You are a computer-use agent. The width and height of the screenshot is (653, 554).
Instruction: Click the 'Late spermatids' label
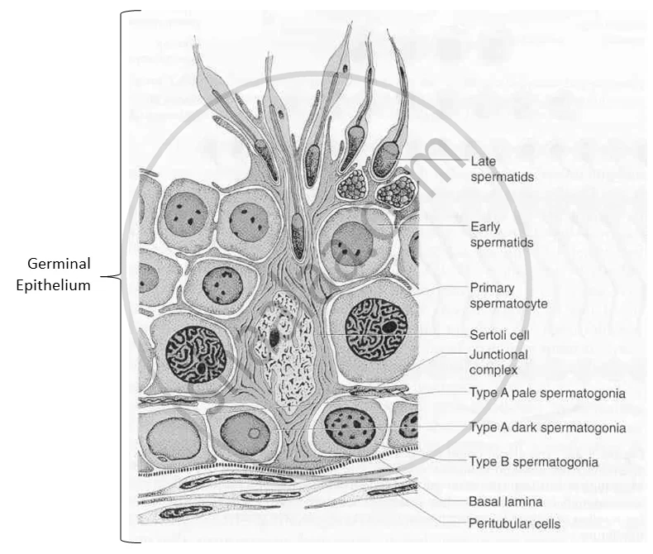(x=502, y=169)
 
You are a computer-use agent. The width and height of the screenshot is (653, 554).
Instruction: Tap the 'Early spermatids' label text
(x=502, y=234)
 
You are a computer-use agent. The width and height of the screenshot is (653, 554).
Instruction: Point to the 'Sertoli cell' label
(x=499, y=335)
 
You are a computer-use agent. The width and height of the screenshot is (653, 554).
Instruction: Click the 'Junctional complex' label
(x=498, y=362)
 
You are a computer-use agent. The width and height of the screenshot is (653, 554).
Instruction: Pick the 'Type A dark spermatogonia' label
(x=547, y=427)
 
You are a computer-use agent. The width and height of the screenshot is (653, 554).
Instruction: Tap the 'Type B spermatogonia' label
(x=533, y=461)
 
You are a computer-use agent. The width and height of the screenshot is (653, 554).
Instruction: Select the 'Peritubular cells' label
(x=514, y=523)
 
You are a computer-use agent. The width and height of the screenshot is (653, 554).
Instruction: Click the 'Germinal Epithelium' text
(x=58, y=274)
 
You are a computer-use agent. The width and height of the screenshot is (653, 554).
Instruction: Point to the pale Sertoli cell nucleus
(x=278, y=351)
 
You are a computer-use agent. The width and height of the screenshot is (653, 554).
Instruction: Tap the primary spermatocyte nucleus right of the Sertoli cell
(x=376, y=328)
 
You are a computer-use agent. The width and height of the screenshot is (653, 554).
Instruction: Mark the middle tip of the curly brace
(x=114, y=279)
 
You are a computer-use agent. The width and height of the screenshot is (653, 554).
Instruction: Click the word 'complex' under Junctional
(x=493, y=370)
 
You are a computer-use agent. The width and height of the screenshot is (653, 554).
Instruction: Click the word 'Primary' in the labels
(x=492, y=289)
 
